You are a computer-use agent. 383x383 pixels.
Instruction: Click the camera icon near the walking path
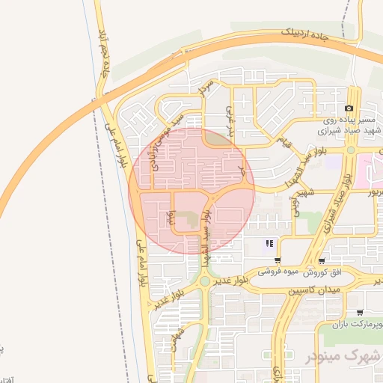[x=349, y=108]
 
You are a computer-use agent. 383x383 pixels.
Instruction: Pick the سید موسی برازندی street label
[x=165, y=142]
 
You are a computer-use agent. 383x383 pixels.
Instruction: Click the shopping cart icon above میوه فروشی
[x=278, y=261]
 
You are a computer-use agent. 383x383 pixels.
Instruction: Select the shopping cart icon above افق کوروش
[x=322, y=261]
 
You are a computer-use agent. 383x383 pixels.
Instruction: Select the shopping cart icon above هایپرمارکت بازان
[x=360, y=313]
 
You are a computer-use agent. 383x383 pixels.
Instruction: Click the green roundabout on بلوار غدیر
[x=204, y=282]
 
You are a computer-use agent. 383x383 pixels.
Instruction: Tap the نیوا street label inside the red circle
[x=171, y=218]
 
